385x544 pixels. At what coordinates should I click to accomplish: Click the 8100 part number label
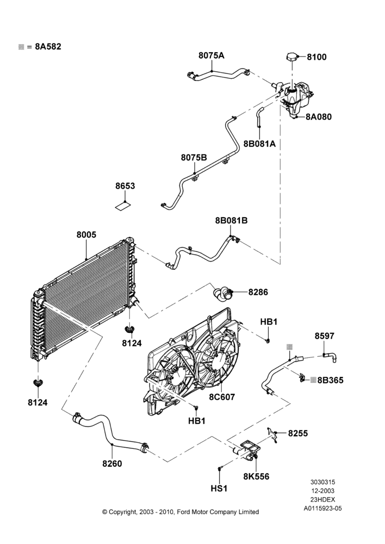point(316,57)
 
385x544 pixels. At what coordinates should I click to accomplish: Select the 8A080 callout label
point(319,117)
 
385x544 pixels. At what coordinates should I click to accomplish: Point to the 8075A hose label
point(211,55)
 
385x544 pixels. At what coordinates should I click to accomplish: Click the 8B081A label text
point(259,144)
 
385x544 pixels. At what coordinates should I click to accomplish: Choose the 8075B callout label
point(194,158)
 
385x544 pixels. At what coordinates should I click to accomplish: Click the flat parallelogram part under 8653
point(123,206)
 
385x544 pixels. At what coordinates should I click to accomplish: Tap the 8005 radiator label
point(86,235)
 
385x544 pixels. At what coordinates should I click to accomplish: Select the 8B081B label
point(231,220)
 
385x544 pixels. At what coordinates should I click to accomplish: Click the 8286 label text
point(258,292)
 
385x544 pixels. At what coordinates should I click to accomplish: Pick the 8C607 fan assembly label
point(222,397)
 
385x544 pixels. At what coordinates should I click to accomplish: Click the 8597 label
point(325,336)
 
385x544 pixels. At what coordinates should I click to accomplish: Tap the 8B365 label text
point(330,380)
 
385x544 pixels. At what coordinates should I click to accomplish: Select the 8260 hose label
point(112,463)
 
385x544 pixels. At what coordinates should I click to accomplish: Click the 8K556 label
point(256,477)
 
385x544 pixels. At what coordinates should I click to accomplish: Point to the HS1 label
point(219,489)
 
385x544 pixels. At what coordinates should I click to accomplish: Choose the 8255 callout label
point(298,434)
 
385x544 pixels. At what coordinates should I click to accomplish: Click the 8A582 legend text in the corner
point(48,46)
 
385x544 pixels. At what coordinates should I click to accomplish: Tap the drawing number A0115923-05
point(322,509)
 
